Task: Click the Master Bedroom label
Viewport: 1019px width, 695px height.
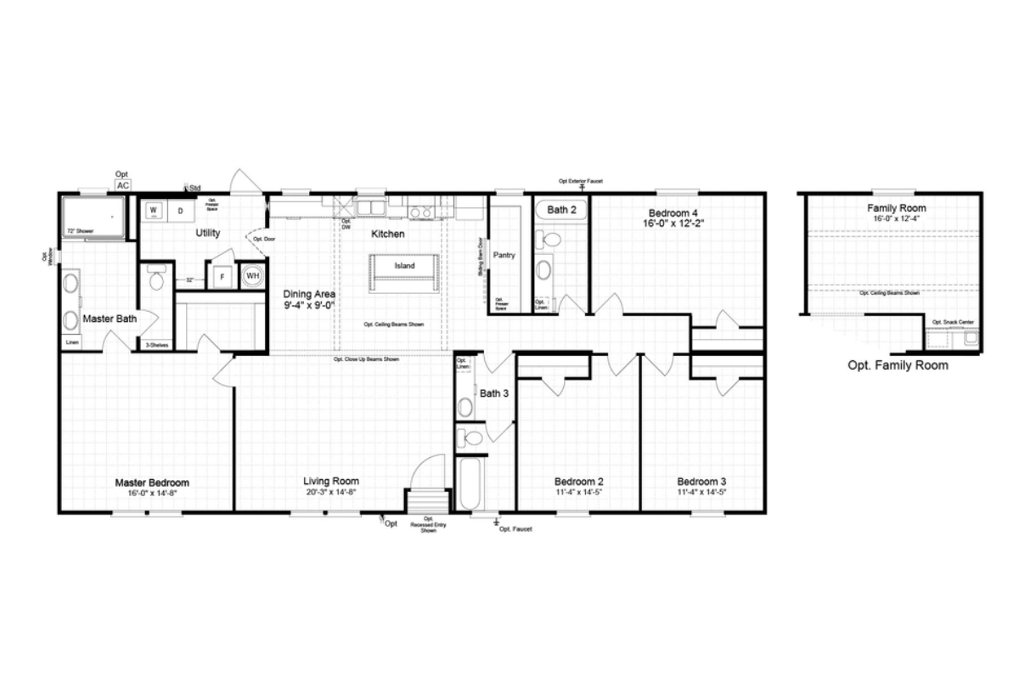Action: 152,483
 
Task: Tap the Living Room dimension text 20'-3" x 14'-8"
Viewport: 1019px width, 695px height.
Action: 331,492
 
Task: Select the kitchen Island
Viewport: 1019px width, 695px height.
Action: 404,266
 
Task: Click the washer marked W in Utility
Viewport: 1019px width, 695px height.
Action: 155,210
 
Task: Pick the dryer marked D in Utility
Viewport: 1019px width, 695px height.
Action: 180,210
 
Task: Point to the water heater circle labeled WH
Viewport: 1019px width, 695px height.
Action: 252,276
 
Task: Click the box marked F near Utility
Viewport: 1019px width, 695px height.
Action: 222,277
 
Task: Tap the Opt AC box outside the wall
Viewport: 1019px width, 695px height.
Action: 123,185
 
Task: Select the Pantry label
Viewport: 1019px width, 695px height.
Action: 504,255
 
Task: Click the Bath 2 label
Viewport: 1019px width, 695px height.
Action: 561,209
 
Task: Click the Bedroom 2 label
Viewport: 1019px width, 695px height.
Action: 578,481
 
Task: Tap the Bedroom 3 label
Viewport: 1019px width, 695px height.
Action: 701,481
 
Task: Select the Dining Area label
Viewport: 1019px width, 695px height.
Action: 309,294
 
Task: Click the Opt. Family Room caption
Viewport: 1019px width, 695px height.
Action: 898,365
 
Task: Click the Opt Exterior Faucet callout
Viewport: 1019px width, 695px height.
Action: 582,181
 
